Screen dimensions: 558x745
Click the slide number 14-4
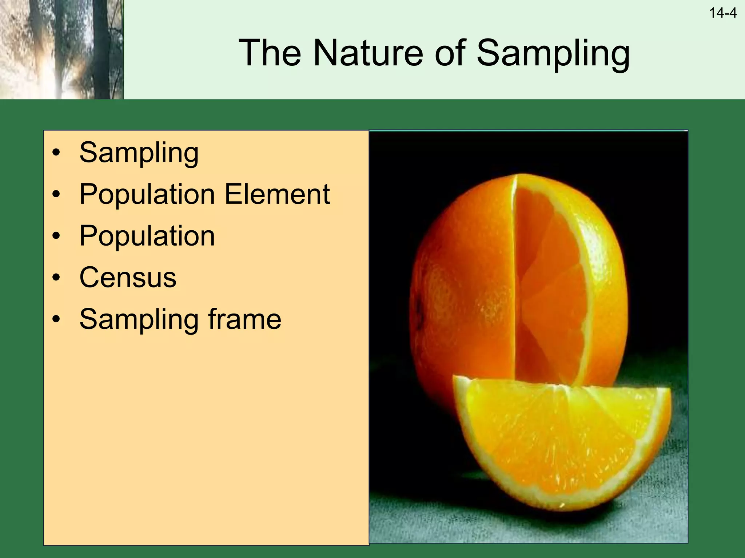click(722, 13)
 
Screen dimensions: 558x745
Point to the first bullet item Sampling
click(139, 153)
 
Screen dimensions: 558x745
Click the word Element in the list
click(277, 194)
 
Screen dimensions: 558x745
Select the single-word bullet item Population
click(147, 236)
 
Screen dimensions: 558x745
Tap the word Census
click(128, 278)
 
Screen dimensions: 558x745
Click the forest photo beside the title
click(62, 49)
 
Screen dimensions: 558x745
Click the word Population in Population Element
click(147, 194)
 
